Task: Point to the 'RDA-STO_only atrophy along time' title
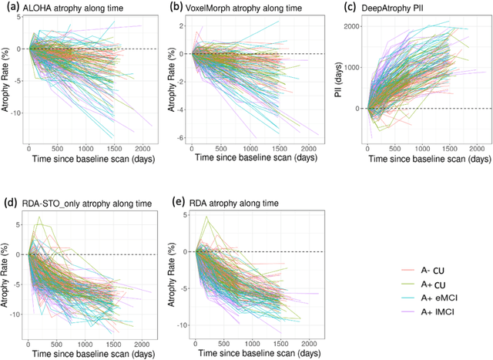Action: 87,204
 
